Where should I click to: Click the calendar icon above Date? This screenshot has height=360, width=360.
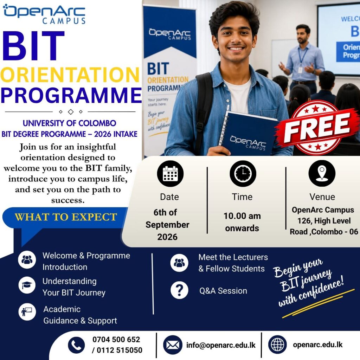170,174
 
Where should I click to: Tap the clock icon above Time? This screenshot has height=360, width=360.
243,174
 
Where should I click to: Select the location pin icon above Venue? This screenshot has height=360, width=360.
322,173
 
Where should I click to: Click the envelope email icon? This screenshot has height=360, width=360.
173,345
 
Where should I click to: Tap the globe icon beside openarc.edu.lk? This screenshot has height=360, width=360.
277,345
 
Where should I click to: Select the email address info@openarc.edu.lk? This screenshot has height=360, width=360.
221,345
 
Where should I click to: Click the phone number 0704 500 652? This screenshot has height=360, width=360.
116,339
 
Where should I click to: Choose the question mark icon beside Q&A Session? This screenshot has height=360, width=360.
179,290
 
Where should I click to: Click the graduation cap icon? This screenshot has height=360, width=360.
27,285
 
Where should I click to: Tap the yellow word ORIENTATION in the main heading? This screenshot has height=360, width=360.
70,75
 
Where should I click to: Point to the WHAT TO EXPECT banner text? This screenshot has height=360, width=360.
66,217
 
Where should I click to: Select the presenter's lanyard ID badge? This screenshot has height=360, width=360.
300,70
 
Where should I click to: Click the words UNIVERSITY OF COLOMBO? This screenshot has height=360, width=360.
69,123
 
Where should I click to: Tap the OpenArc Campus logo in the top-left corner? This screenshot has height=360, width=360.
44,14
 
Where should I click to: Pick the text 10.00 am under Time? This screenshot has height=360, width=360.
242,216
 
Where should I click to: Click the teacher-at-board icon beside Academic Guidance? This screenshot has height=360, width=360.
27,312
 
